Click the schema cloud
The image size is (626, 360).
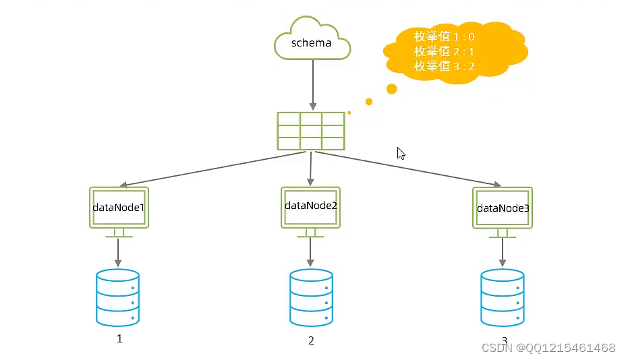tap(312, 42)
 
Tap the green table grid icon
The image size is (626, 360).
tap(311, 130)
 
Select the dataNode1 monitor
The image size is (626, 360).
tap(119, 208)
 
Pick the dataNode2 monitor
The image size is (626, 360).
tap(310, 206)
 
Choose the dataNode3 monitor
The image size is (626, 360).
tap(503, 208)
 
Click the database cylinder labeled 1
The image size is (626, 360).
tap(118, 297)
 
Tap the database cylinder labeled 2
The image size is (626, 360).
tap(311, 297)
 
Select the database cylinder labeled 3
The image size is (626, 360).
tap(503, 297)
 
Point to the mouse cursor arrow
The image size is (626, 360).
tap(401, 153)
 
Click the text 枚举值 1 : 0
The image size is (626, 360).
tap(445, 36)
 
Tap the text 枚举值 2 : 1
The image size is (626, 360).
tap(445, 51)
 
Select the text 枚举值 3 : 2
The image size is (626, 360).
tap(445, 65)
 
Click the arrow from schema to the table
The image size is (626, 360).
tap(312, 84)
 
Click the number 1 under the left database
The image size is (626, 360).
tap(119, 338)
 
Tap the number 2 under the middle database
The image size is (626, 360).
tap(311, 340)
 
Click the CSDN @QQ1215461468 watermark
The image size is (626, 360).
tap(547, 348)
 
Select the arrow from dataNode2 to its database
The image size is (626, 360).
tap(310, 252)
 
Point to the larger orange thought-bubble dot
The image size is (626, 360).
tap(391, 88)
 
